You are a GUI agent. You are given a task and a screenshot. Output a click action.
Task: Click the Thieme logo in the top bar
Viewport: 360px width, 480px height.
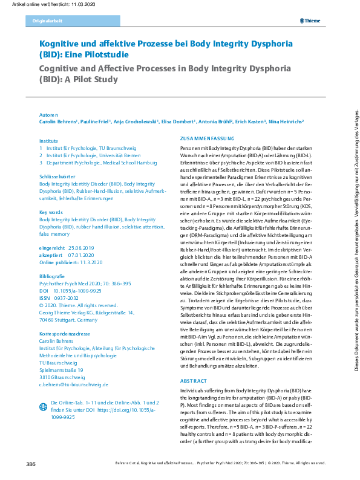313,22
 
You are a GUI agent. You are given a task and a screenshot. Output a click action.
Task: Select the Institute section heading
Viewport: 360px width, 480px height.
48,140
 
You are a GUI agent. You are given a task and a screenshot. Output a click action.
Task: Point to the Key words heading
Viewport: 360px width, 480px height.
51,212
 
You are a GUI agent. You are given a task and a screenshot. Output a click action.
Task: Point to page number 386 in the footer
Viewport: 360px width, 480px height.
31,464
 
